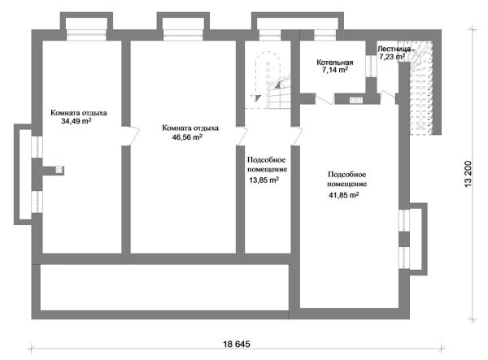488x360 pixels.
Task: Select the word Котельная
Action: [x=334, y=62]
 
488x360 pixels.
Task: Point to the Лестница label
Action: [x=397, y=49]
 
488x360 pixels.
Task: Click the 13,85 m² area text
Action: [x=264, y=180]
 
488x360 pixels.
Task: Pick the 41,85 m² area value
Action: [x=344, y=195]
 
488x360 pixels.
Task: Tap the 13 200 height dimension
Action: [x=468, y=173]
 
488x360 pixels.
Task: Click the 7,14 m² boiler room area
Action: [x=335, y=71]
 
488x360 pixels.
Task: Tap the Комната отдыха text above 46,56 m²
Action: [x=190, y=128]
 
